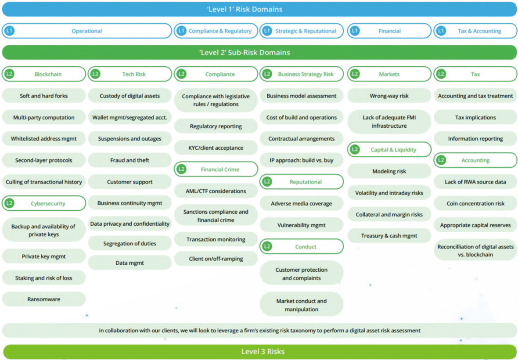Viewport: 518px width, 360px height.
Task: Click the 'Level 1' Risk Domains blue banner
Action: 259,9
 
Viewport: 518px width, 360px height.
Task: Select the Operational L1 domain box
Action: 87,31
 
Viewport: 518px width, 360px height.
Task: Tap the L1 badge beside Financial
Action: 355,31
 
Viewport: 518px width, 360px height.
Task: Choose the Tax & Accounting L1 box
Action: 475,31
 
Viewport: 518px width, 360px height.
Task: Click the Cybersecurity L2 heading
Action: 44,203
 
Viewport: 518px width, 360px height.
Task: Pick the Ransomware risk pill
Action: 44,299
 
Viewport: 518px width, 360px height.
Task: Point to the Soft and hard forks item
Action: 44,96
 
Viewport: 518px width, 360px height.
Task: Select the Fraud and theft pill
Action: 130,160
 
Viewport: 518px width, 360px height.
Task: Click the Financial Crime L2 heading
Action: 216,169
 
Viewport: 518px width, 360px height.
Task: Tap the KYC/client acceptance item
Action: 216,148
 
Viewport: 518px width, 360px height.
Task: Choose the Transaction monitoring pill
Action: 216,239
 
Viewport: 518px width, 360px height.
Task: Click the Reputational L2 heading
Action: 302,182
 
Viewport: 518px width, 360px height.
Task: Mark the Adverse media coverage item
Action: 302,203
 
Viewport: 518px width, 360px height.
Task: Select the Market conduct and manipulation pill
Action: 302,305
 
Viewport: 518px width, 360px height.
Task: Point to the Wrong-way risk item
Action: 389,96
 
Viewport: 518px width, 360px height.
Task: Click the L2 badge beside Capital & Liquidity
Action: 355,150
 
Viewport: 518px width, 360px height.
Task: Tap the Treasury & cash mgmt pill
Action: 389,236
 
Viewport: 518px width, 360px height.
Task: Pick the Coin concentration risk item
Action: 475,203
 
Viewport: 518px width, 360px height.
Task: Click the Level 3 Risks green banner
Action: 260,352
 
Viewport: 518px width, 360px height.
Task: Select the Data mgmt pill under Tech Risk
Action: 130,263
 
